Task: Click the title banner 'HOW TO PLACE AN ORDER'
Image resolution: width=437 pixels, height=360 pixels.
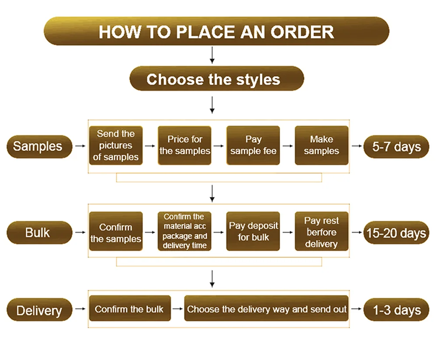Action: (216, 31)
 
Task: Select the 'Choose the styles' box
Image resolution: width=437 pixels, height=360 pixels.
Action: (216, 79)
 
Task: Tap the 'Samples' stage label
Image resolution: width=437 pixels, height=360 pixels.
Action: (38, 146)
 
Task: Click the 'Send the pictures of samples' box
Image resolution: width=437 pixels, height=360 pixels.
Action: (116, 145)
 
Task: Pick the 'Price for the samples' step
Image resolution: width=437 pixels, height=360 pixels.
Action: (184, 145)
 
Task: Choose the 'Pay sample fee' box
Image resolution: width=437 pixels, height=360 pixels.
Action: (253, 145)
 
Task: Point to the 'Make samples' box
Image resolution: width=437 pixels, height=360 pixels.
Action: (322, 145)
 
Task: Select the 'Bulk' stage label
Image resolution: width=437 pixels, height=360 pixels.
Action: (38, 232)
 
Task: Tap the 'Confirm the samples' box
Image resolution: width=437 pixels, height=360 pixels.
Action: (116, 232)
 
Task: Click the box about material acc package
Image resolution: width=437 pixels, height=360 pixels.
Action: (184, 231)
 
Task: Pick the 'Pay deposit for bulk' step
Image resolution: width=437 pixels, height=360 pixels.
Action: (253, 231)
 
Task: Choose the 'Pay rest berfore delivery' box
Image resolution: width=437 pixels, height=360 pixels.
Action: (322, 231)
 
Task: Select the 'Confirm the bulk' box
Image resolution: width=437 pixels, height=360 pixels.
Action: (129, 309)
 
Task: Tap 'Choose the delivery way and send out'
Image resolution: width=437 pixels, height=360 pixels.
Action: (267, 309)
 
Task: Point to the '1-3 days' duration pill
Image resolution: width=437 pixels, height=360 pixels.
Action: (396, 310)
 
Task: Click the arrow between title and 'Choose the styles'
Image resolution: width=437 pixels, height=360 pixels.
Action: (212, 55)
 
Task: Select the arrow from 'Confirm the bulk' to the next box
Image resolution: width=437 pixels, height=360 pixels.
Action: (177, 309)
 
